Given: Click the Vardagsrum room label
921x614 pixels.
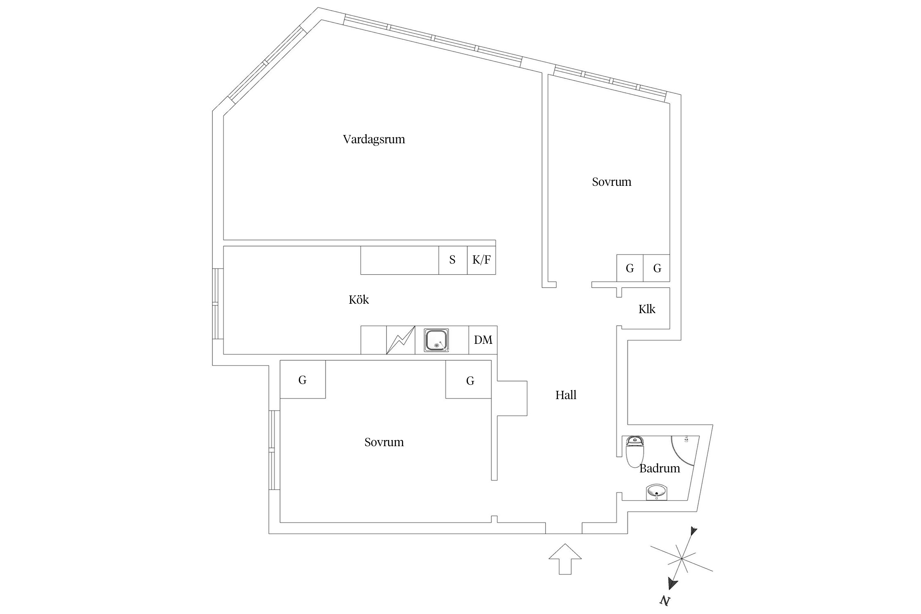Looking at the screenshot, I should click(374, 140).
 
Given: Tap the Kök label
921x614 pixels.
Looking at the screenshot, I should click(359, 300).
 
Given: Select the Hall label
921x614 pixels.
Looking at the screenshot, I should click(566, 395).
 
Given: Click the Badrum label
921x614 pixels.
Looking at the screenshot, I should click(659, 468).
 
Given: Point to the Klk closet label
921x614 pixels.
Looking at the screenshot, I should click(647, 309).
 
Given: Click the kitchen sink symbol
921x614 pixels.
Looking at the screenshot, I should click(436, 340).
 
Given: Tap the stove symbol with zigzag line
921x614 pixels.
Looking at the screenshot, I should click(401, 340).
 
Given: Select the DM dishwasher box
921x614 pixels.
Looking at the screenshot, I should click(483, 340).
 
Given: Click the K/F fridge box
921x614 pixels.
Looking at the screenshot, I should click(481, 260).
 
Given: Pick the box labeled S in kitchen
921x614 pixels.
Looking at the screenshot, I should click(453, 260).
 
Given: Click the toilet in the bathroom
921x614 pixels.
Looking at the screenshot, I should click(635, 451).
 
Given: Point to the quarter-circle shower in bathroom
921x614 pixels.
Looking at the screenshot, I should click(683, 449).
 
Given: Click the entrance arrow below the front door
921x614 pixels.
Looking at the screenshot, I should click(565, 560).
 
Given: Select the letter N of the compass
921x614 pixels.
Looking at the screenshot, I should click(665, 601).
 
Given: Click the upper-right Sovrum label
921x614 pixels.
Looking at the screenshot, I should click(612, 182).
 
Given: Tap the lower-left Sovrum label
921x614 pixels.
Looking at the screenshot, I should click(384, 442).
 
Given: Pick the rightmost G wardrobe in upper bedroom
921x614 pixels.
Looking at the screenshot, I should click(657, 268).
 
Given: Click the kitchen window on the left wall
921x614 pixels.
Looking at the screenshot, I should click(218, 304).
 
